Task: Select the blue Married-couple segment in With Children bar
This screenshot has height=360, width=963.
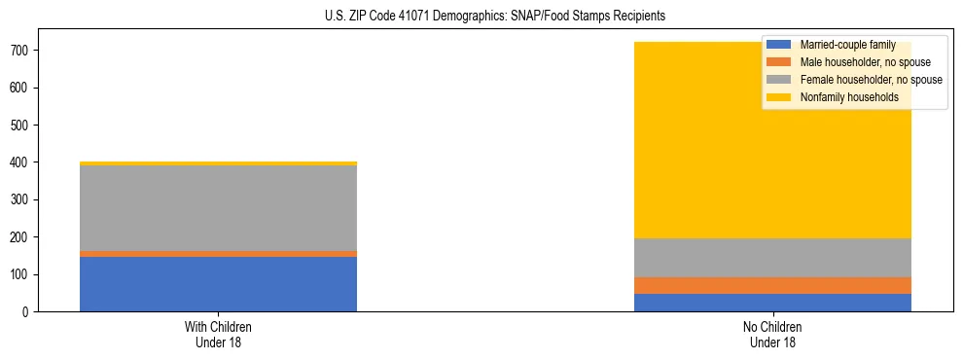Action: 218,284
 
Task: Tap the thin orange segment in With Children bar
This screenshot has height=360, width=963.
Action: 218,254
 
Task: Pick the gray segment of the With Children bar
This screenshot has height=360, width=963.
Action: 218,208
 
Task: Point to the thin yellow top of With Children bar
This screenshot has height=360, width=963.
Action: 218,163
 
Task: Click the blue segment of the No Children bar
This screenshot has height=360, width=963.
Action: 772,303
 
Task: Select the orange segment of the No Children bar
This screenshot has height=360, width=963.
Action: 772,285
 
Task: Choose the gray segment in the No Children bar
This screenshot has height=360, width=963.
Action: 772,258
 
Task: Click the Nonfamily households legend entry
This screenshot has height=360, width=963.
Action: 849,97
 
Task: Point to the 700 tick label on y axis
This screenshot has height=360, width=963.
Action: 22,51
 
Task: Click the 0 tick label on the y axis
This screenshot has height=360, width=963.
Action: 28,312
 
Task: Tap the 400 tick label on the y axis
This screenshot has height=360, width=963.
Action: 22,162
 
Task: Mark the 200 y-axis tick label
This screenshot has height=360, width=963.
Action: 22,237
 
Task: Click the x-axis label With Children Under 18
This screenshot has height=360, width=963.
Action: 218,335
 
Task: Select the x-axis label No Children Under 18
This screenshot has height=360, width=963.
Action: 772,335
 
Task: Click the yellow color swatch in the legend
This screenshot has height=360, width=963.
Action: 779,97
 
